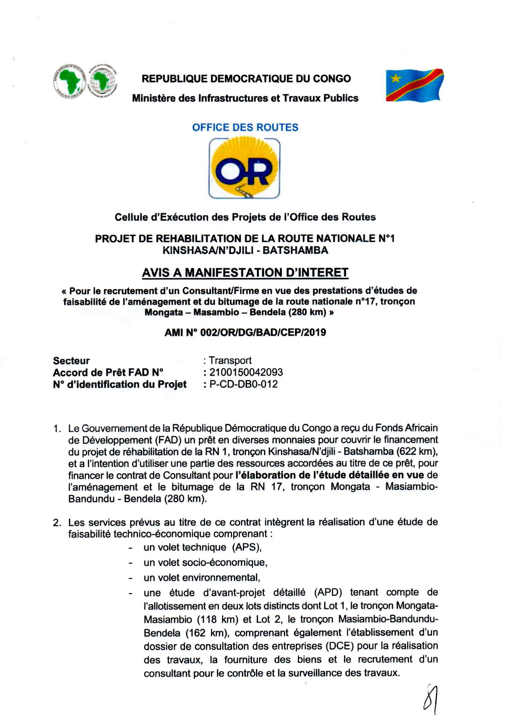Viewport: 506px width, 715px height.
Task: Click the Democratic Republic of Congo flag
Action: coord(414,85)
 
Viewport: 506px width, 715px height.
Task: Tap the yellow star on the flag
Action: coord(396,78)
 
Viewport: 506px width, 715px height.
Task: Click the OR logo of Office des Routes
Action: coord(244,168)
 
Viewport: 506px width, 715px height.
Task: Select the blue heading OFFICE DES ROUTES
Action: coord(245,127)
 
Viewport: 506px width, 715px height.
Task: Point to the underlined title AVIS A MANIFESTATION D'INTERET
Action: coord(245,273)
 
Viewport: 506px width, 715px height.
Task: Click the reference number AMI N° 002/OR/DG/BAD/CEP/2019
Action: coord(245,333)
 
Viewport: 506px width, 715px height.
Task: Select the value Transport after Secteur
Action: coord(230,360)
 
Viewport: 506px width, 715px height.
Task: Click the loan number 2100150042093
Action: coord(246,372)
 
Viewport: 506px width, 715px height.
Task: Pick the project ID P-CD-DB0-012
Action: coord(243,384)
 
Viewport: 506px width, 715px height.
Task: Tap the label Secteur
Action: coord(71,361)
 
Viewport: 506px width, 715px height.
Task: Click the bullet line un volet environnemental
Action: coord(202,578)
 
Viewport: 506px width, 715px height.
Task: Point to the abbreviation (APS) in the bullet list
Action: coord(247,547)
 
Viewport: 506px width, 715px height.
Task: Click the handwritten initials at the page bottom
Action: coord(431,698)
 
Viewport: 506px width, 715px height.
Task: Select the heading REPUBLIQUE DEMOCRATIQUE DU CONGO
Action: coord(246,79)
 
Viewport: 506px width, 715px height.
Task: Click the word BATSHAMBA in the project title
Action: coord(295,250)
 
